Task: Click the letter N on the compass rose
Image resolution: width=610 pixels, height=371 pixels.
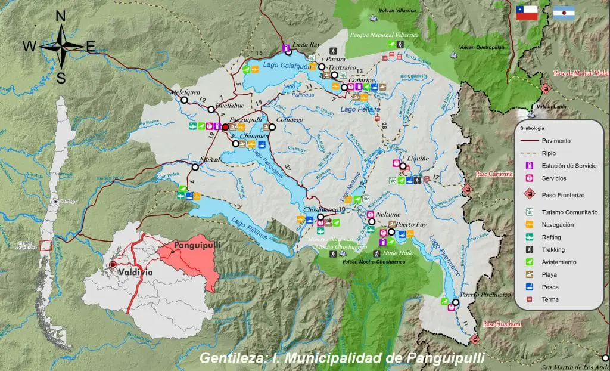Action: pos(60,16)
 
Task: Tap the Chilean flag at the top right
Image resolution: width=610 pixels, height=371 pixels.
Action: pos(527,13)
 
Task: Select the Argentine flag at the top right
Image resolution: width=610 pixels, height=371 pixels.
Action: pos(564,13)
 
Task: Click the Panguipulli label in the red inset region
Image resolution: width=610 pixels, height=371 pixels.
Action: pos(193,245)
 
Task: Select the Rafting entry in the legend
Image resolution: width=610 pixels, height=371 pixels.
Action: pos(552,237)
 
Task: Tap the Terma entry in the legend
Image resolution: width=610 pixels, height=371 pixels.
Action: pos(550,299)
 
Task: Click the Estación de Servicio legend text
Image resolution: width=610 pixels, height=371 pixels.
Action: pos(569,166)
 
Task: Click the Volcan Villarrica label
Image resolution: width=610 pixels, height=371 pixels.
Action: pos(397,11)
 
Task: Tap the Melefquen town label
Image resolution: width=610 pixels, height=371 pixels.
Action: pos(185,92)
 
